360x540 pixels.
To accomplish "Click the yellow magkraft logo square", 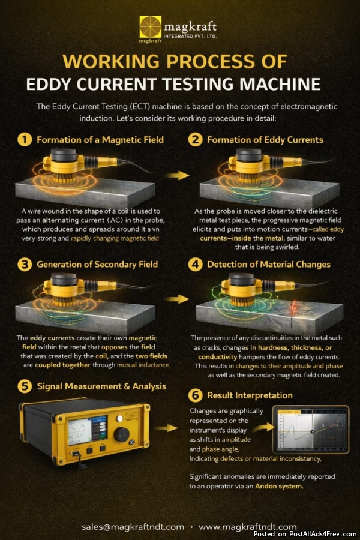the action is coord(150,27).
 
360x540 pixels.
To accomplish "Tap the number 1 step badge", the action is coord(25,140).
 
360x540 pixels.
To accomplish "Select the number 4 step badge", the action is coord(196,265).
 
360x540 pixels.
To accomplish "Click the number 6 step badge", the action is coord(196,395).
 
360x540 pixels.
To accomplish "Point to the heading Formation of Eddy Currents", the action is coord(265,140).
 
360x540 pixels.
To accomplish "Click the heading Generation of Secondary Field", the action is coord(97,264).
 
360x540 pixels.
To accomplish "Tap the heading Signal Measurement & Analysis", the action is coord(101,386).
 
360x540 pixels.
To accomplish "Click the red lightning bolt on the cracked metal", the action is coord(293,308).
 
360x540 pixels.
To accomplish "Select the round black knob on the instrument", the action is coord(121,434).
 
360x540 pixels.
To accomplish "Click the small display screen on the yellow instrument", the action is coord(87,430).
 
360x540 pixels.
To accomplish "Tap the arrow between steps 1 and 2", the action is coord(177,175).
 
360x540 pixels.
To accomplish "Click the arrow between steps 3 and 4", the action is coord(177,299).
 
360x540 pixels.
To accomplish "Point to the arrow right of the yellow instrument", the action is coord(166,428).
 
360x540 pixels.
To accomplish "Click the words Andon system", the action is coord(280,486).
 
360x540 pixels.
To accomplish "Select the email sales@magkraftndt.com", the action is coord(133,527).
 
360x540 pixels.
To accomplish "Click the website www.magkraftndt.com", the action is coord(248,527).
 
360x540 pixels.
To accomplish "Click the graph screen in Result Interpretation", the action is coord(311,430).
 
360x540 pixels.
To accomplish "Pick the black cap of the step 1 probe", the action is coord(64,155).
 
